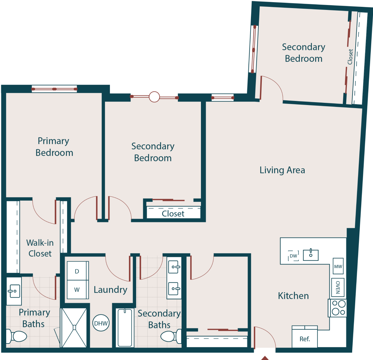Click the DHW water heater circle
tap(101, 323)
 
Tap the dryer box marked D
tap(77, 271)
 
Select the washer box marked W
tap(77, 289)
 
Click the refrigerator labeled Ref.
tap(305, 338)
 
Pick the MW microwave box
tap(338, 266)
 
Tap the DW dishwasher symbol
tap(293, 256)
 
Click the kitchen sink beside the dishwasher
tap(311, 255)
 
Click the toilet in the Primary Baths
tap(17, 336)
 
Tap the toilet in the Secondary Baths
tap(170, 336)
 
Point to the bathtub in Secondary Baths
tap(125, 327)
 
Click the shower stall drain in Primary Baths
tap(74, 327)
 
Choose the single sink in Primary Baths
tap(14, 291)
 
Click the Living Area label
tap(282, 170)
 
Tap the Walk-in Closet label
tap(40, 248)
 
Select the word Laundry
tap(110, 290)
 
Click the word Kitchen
tap(293, 296)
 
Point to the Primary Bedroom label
tap(54, 147)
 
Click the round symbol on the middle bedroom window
tap(154, 97)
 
